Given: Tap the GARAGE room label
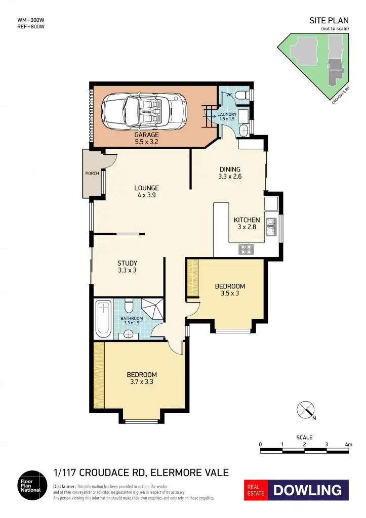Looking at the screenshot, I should pos(146,135).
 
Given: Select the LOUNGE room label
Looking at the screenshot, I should pos(146,188).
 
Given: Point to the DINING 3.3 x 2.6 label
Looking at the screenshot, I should pos(229,173).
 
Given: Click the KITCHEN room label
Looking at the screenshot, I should pos(247,220).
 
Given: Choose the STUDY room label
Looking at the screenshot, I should pos(127,263).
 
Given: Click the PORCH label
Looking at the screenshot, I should pos(92,174).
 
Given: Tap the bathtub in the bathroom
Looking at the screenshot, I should pos(103,319).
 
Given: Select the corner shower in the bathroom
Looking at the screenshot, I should pos(151,310).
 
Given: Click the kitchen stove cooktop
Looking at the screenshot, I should pos(246,249).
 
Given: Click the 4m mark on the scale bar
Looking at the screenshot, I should pos(348,444).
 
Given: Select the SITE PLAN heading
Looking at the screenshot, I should pos(329,21).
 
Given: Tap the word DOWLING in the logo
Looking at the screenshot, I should pos(308,490).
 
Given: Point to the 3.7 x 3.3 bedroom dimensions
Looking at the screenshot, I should pos(141,382).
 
